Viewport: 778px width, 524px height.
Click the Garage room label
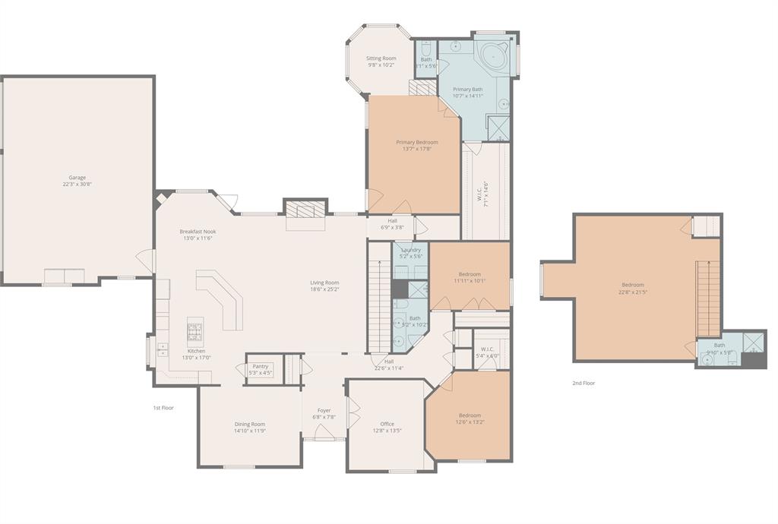click(x=77, y=178)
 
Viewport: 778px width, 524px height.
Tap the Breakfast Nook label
click(x=198, y=232)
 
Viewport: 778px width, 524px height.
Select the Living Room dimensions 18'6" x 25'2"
click(x=324, y=289)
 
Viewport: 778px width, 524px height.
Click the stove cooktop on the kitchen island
click(x=195, y=331)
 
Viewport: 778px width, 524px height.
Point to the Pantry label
click(x=261, y=366)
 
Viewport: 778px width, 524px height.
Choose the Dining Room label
click(x=249, y=424)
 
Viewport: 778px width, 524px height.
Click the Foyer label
click(x=324, y=410)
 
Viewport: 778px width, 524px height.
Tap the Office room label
click(x=387, y=424)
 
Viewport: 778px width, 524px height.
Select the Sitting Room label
click(x=381, y=58)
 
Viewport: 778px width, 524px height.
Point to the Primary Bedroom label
click(x=416, y=142)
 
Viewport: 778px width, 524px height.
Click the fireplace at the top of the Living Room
click(x=305, y=210)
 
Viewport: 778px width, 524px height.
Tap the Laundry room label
click(x=411, y=250)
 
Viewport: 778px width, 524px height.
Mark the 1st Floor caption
click(x=163, y=408)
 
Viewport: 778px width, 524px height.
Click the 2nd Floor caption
click(x=583, y=384)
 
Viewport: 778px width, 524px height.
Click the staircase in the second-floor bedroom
click(x=708, y=297)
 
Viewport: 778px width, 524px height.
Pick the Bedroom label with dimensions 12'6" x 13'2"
click(x=470, y=415)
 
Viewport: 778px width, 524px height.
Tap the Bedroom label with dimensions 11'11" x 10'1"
click(x=470, y=274)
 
